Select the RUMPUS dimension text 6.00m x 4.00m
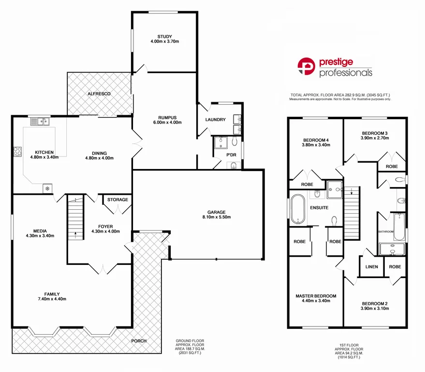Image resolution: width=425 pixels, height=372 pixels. [x=164, y=123]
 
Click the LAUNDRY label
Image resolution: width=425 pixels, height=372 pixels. [x=215, y=120]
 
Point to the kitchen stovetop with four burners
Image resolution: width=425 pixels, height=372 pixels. [x=17, y=151]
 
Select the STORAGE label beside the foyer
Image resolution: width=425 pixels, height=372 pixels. [x=117, y=200]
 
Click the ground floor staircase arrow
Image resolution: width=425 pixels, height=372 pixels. [x=75, y=235]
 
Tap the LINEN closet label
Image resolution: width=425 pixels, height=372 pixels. [x=371, y=267]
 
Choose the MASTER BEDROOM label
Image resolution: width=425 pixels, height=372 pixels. [x=316, y=295]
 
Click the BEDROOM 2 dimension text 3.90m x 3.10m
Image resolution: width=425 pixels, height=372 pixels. [x=375, y=309]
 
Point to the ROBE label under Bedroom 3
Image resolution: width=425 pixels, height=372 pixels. [x=392, y=167]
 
